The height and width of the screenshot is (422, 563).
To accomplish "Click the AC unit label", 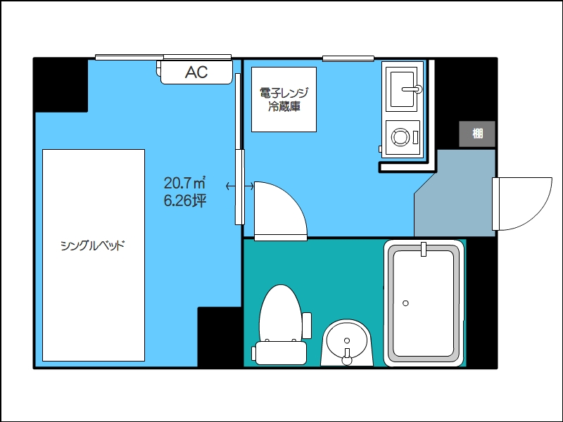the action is [196, 72].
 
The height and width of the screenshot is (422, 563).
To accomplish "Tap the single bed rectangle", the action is [94, 255].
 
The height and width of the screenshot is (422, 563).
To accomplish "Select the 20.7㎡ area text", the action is [184, 183].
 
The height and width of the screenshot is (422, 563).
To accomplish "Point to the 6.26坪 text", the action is [185, 200].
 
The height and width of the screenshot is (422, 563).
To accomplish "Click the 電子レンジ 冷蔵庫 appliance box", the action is [284, 99].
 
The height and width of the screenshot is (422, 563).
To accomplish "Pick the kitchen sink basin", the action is [402, 89].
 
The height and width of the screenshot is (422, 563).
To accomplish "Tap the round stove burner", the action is [400, 136].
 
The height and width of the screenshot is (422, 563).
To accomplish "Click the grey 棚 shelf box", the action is [477, 134].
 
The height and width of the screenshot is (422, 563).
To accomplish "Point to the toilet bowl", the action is [280, 312].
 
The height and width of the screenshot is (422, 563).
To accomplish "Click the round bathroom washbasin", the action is [347, 341].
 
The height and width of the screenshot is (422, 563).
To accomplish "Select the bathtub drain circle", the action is [406, 303].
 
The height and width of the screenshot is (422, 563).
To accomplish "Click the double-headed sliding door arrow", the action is [240, 186].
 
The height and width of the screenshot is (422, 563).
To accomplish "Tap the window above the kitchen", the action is [348, 58].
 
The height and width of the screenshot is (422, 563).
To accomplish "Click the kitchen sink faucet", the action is [412, 89].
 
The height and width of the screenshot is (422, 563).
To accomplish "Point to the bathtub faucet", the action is [424, 250].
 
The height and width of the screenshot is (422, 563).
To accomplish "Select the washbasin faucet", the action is [347, 357].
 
